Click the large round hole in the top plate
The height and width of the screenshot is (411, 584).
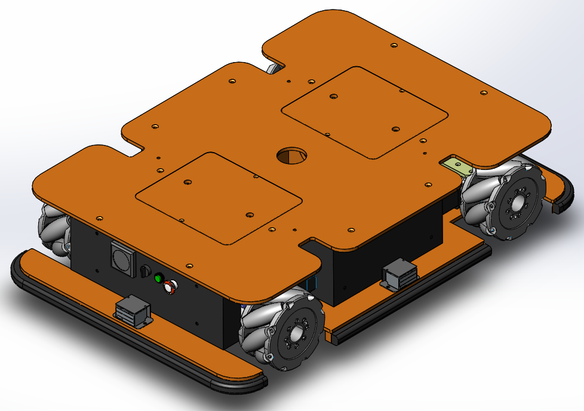(x=291, y=156)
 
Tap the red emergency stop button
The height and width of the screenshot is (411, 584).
(x=170, y=287)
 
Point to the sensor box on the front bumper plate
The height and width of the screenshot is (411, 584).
(x=133, y=311)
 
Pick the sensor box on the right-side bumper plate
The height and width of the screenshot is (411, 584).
(x=398, y=275)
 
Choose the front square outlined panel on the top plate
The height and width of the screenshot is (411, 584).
(x=218, y=197)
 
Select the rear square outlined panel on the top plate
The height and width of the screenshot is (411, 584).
(x=364, y=112)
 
